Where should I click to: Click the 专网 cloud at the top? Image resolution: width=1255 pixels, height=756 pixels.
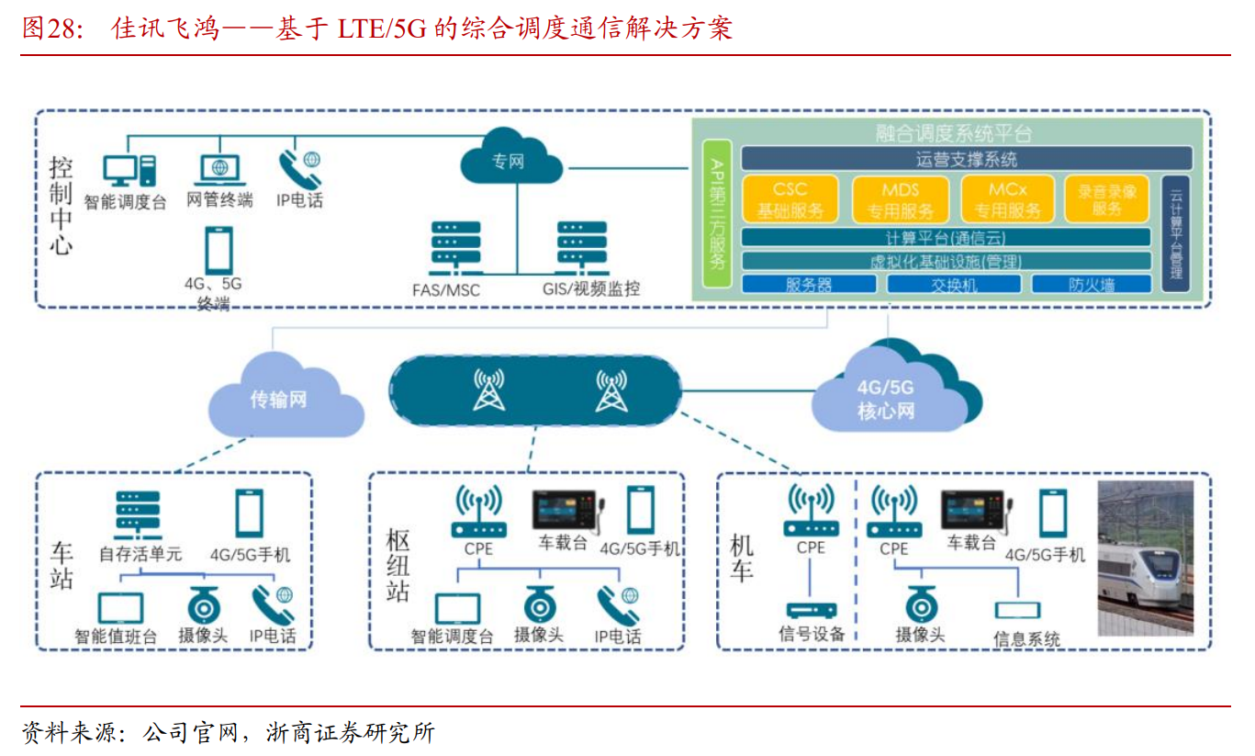coord(510,160)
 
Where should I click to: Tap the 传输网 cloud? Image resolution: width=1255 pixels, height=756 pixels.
coord(279,398)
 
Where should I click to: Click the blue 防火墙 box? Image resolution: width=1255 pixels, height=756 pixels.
coord(1091,284)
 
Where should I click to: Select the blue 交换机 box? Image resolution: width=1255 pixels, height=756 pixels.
coord(954,284)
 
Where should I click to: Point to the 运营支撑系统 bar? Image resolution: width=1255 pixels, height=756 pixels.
coord(966,159)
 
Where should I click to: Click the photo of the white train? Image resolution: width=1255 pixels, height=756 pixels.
coord(1146,558)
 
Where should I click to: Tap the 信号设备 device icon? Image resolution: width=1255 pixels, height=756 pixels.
coord(812,610)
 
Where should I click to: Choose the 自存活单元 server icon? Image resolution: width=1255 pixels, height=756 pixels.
coord(138,515)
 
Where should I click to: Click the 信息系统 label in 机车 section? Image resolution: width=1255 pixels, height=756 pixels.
coord(1026,638)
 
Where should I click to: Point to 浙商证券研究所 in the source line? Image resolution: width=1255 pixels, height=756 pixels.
coord(350,733)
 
